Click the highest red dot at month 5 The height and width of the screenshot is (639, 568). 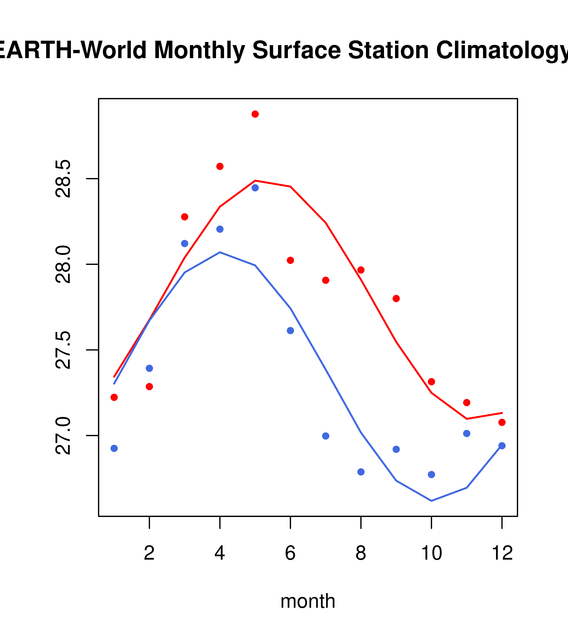tap(255, 114)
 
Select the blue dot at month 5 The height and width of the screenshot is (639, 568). tap(255, 188)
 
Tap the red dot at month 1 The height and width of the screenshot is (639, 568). tap(114, 397)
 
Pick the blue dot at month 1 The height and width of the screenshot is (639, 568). tap(114, 449)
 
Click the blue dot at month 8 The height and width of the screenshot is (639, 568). tap(361, 472)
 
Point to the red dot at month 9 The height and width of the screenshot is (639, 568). tap(396, 299)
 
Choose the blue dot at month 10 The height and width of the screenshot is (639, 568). tap(431, 475)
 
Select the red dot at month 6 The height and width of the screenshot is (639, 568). tap(290, 260)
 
